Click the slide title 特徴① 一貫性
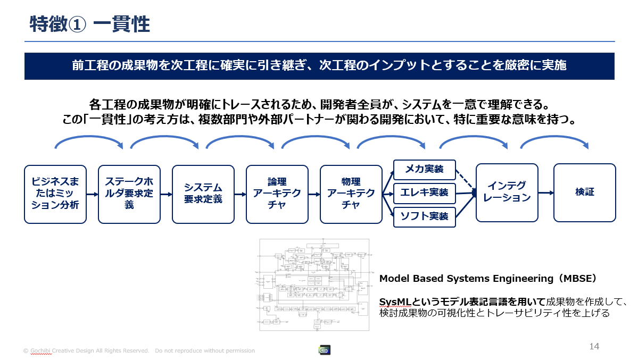[89, 24]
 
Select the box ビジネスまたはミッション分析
[55, 193]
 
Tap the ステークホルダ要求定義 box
[129, 193]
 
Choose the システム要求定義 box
[203, 193]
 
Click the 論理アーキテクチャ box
[277, 193]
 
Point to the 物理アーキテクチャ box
[351, 193]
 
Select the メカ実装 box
[425, 170]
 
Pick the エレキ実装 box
[425, 192]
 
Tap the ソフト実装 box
[425, 216]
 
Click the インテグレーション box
[507, 192]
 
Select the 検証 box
[584, 192]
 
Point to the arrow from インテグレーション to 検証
[546, 192]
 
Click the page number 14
[594, 347]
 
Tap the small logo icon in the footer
[324, 350]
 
